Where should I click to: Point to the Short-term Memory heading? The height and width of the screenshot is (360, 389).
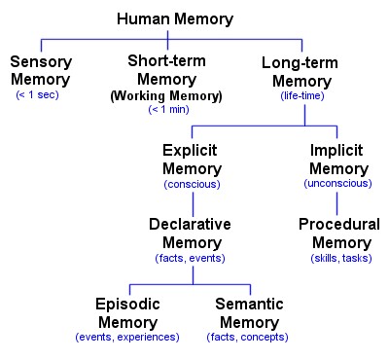pos(165,69)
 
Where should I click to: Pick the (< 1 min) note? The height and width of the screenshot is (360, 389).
pos(165,110)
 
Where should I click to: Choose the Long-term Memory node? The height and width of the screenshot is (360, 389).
pos(305,71)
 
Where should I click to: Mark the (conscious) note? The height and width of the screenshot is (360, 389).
pos(192,184)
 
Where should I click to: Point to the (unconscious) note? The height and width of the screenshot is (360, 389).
pos(336,184)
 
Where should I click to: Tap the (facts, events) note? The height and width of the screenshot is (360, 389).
pos(191,258)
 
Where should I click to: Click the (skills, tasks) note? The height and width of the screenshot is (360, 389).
pos(338,258)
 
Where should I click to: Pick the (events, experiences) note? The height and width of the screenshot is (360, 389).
pos(126,337)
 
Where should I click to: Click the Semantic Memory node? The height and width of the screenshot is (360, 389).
pos(249,312)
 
